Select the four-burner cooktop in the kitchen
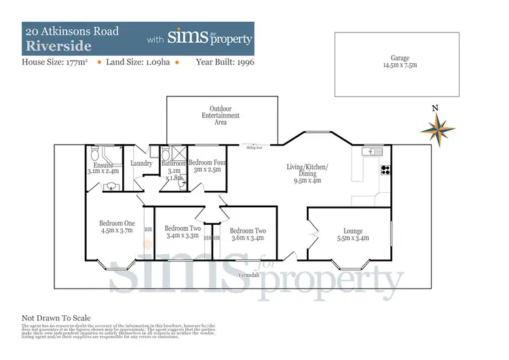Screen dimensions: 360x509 (x=386, y=170)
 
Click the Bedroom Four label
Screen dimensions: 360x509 (x=207, y=166)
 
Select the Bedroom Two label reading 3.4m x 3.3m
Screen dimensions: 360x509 (x=182, y=232)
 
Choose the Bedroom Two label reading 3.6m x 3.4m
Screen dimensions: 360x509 (x=247, y=234)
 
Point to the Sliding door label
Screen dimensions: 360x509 (x=255, y=145)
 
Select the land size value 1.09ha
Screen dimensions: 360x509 (x=156, y=62)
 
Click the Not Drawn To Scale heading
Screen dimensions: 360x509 (x=56, y=318)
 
